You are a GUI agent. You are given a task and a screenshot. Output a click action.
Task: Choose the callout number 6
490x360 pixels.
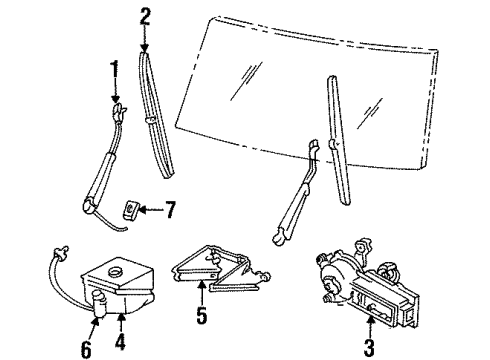tap(85, 349)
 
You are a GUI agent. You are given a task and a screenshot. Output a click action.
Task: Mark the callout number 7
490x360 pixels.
tap(170, 210)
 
